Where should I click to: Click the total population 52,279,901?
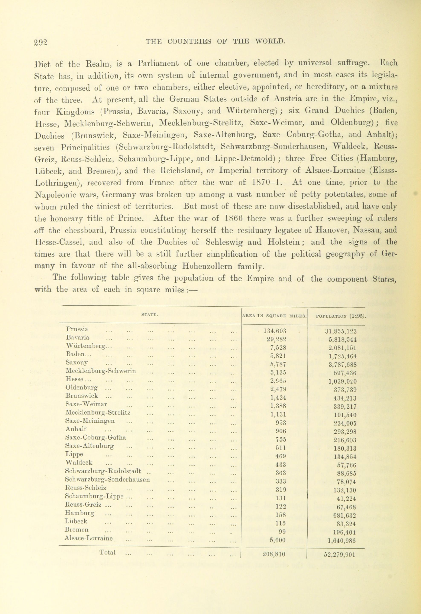(x=339, y=554)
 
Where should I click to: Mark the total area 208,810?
(x=274, y=554)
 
